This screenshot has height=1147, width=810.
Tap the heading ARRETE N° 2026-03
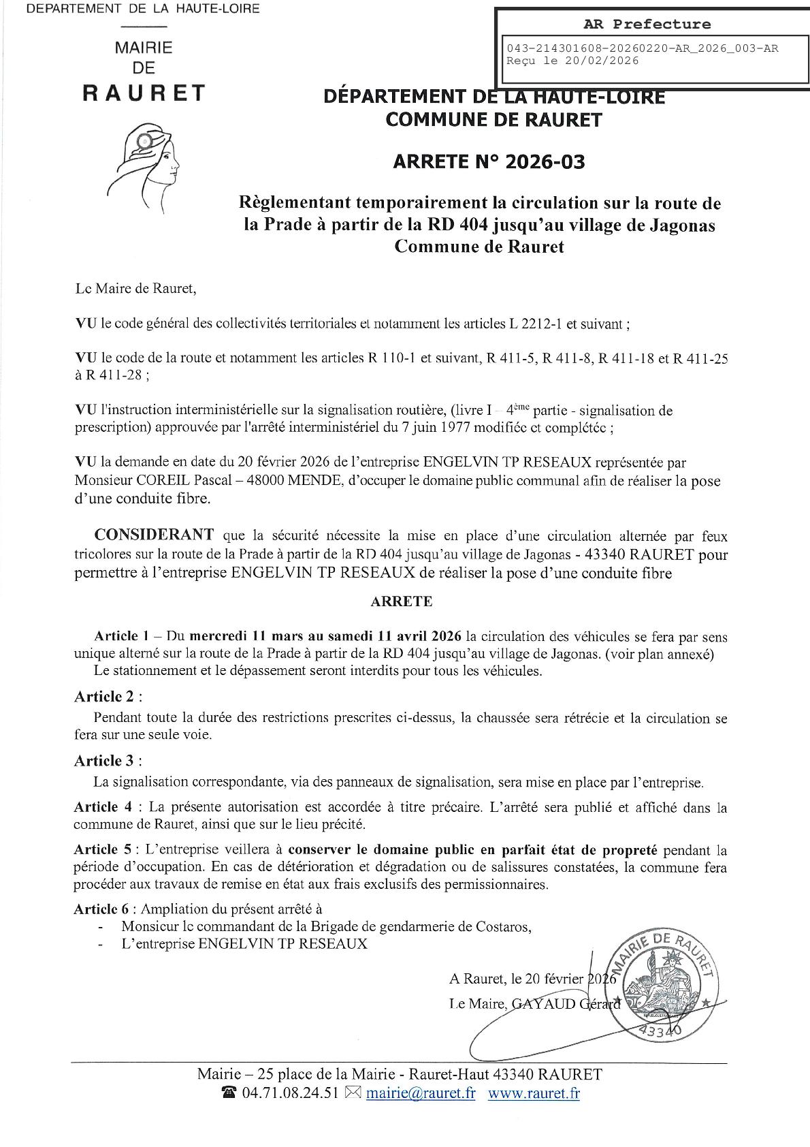coord(489,162)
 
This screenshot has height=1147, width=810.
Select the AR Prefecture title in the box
coord(647,25)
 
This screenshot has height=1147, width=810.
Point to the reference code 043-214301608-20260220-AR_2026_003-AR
coord(643,48)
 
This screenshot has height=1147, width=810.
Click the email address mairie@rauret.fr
coord(421,1093)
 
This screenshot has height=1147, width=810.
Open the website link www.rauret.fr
coord(534,1093)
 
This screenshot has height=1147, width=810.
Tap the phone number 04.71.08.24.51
coord(290,1093)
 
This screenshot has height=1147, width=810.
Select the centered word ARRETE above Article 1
coord(402,601)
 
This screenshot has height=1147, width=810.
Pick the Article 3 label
coord(108,760)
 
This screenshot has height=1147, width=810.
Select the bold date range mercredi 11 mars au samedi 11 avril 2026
coord(325,637)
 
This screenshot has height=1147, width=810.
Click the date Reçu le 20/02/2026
coord(573,61)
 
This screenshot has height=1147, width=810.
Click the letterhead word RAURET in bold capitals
coord(144,93)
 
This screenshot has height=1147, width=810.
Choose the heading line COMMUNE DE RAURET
coord(493,120)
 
